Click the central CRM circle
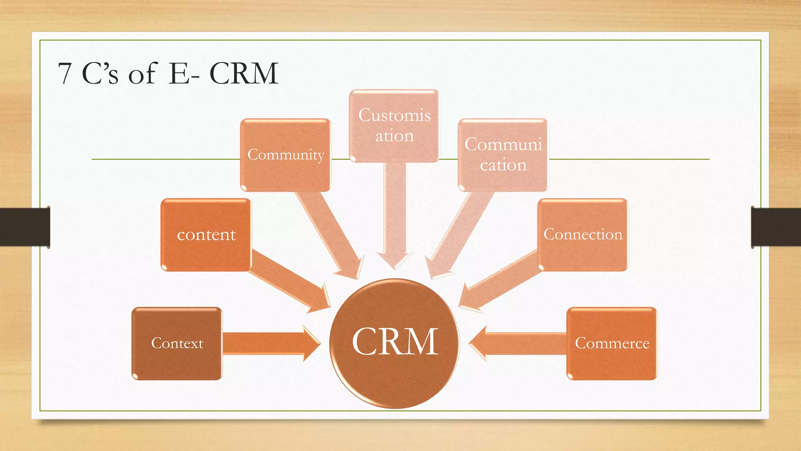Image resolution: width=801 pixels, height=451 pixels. [x=394, y=343]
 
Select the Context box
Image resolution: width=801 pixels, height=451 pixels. [x=177, y=343]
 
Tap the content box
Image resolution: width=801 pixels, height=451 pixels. [x=206, y=235]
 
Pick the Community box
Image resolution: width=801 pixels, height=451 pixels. [x=286, y=155]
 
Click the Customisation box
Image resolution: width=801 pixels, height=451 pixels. [x=394, y=126]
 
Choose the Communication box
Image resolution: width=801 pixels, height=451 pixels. [x=503, y=155]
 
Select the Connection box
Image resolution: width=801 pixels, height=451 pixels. [x=582, y=235]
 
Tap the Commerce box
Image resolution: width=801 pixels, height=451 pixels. [x=612, y=343]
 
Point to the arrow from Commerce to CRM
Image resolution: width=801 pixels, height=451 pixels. [x=516, y=343]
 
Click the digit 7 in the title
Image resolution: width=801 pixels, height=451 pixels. [x=65, y=73]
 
